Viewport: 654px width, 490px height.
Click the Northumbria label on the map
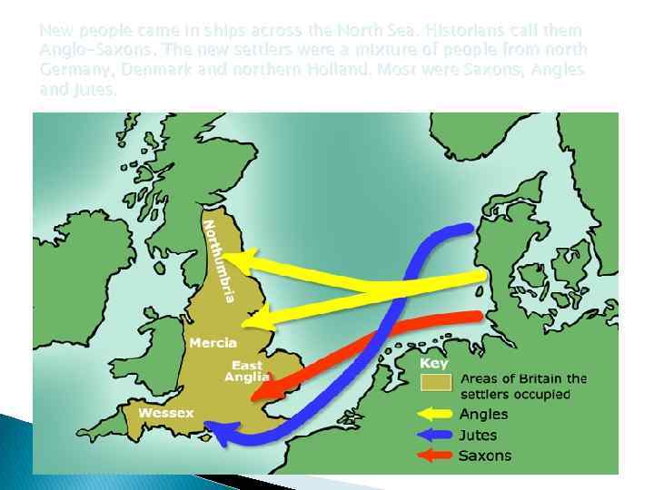(x=221, y=259)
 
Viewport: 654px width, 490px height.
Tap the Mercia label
(x=213, y=343)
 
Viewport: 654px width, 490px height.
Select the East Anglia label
(x=247, y=370)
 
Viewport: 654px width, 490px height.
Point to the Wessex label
(x=166, y=413)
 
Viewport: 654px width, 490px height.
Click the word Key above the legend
(x=433, y=362)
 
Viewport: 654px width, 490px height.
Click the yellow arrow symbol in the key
(x=436, y=415)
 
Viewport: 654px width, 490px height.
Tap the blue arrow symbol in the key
(x=436, y=436)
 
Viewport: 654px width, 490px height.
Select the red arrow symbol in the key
(x=436, y=456)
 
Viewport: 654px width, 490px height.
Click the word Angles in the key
(x=484, y=415)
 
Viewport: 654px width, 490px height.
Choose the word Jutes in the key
(x=479, y=436)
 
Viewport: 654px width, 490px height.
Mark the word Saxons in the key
(x=485, y=456)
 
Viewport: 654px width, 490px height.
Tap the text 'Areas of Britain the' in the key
(x=523, y=378)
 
